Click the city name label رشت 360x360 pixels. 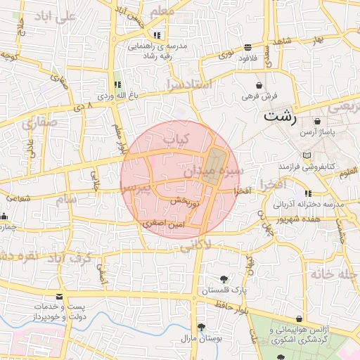point(280,117)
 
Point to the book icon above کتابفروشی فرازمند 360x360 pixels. point(305,155)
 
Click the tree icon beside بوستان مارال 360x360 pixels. point(201,327)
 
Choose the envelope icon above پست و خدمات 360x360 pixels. point(58,298)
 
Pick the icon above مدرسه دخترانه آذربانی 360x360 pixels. point(307,194)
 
